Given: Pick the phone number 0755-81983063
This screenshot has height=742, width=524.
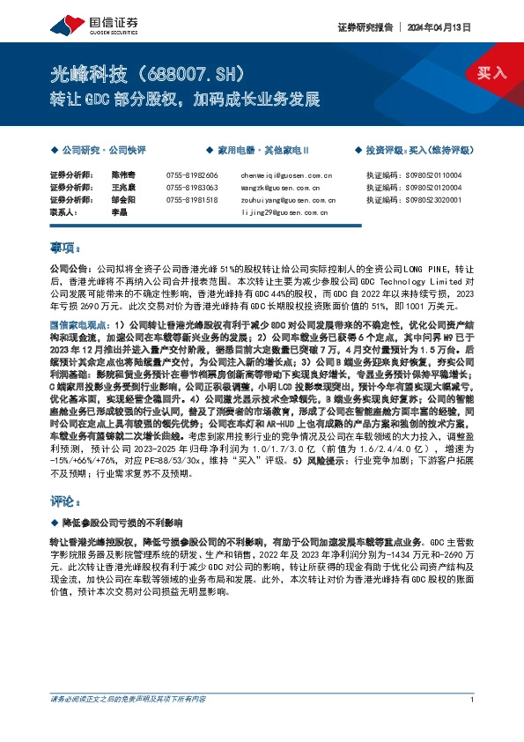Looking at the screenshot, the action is [191, 188].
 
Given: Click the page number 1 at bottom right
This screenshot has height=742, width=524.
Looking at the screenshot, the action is [473, 723].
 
